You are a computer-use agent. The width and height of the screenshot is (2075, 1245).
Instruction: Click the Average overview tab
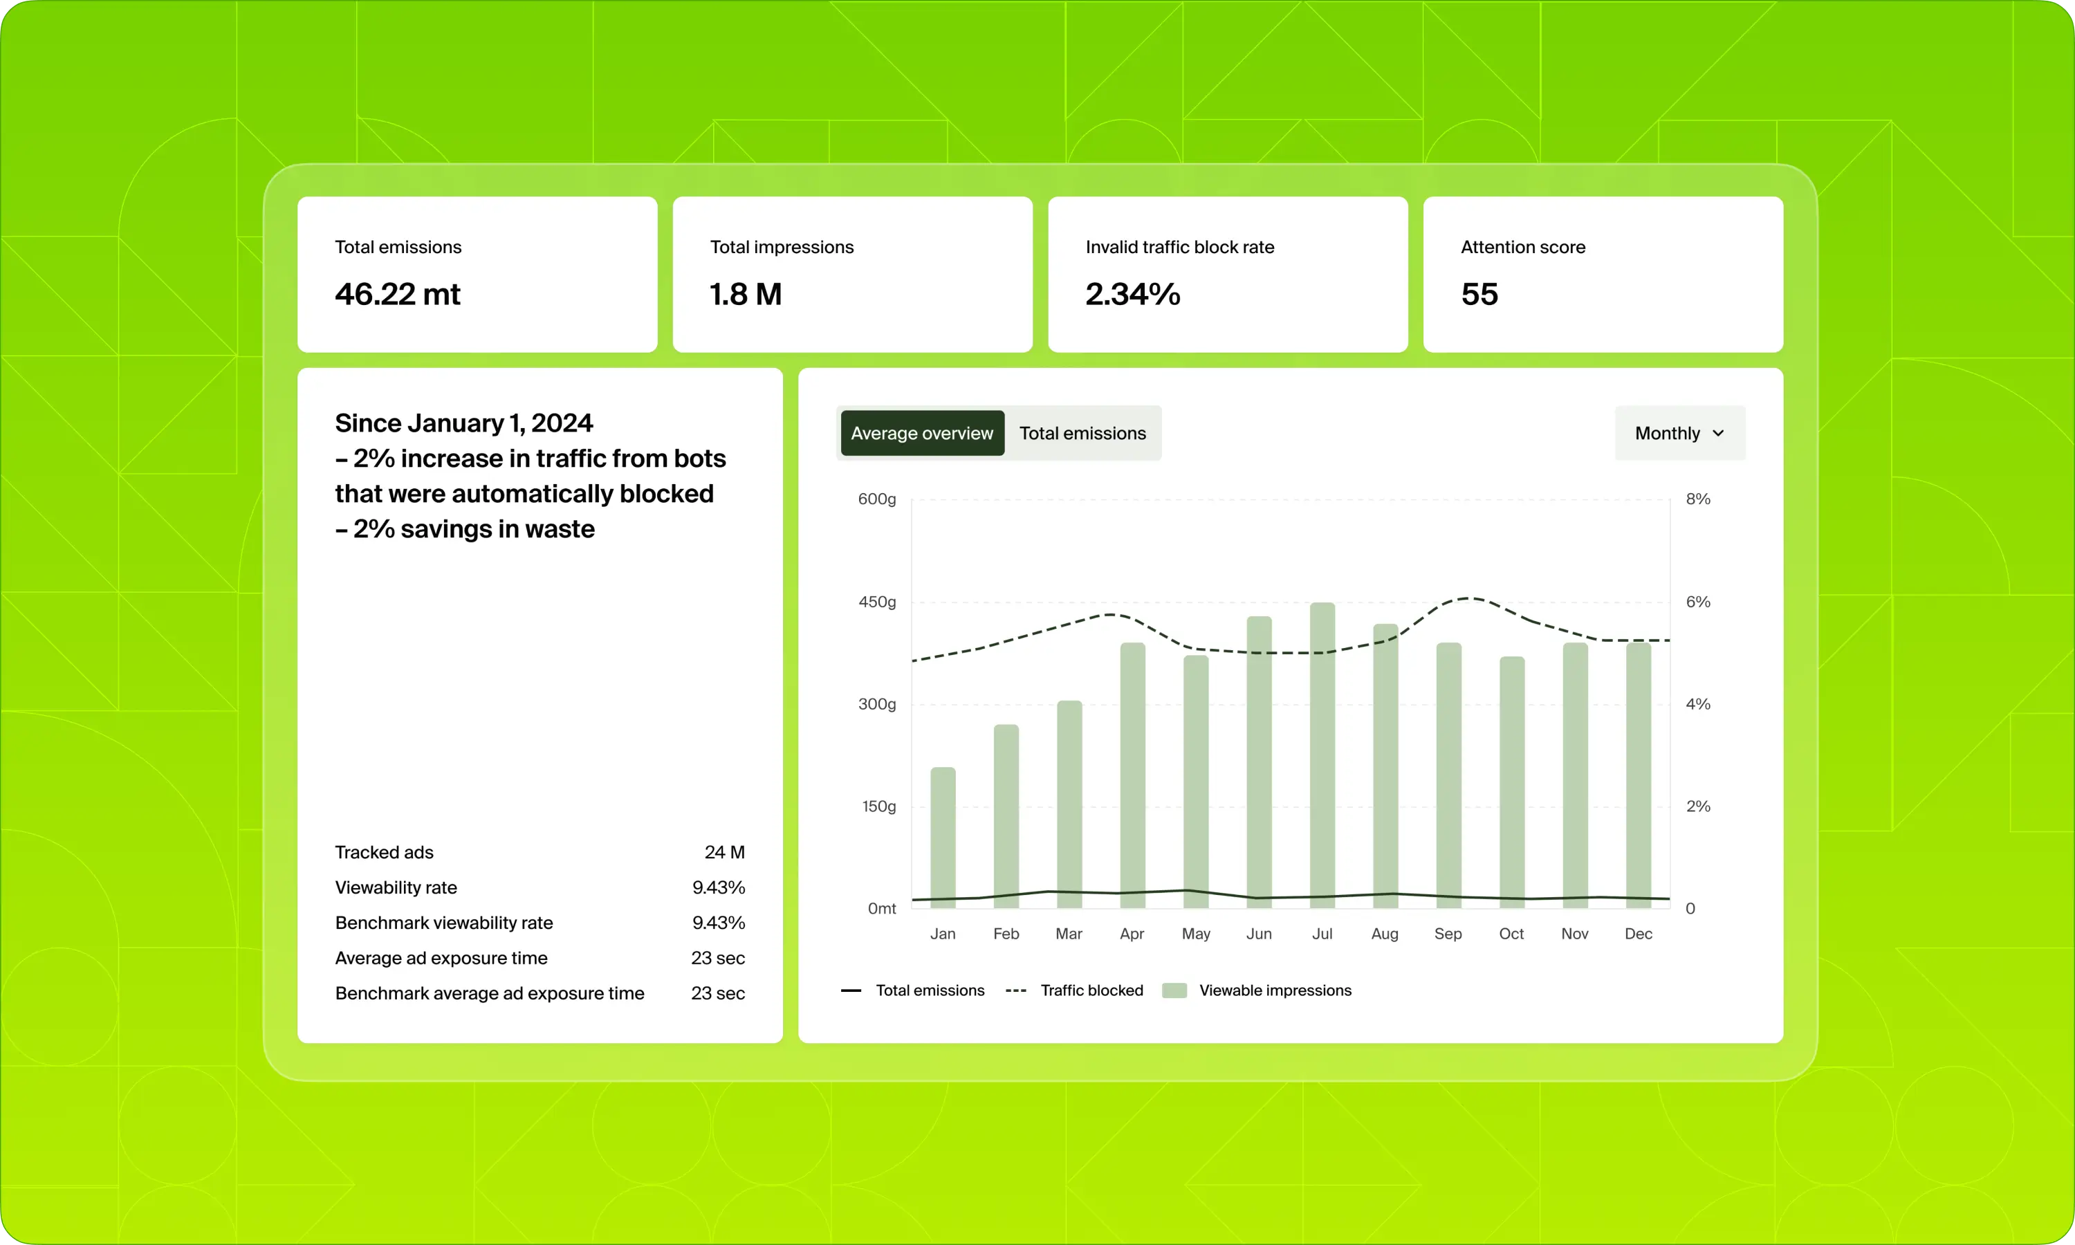922,433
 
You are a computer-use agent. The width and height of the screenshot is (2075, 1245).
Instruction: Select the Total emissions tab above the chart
1082,433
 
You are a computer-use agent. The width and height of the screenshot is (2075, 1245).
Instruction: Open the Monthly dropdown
1679,433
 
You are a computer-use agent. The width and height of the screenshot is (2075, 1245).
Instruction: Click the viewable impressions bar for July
1322,755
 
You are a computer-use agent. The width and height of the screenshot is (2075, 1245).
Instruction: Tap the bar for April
1132,775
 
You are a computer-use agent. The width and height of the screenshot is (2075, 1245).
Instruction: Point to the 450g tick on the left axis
876,602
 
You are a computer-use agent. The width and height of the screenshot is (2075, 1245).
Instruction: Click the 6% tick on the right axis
1697,602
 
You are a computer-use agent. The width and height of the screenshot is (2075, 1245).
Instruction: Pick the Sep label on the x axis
1448,934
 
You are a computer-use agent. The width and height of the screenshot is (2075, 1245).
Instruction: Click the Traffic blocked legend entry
1090,990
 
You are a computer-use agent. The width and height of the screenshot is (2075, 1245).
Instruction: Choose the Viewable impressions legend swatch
1174,990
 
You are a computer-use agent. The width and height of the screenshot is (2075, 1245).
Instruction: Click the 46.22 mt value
398,294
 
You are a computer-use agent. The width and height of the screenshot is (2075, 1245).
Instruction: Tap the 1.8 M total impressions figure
746,294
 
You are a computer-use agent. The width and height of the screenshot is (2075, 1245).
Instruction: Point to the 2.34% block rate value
1132,294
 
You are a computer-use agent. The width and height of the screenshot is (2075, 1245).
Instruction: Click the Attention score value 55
1479,294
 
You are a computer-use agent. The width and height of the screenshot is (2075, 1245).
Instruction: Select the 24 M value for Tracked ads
723,852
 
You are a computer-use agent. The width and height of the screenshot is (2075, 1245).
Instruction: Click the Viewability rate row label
396,887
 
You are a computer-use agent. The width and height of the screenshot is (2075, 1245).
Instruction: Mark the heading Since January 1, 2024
464,423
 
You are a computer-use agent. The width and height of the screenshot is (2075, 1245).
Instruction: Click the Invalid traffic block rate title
1179,247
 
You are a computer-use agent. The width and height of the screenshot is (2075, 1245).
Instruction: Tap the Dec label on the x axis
1638,934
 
